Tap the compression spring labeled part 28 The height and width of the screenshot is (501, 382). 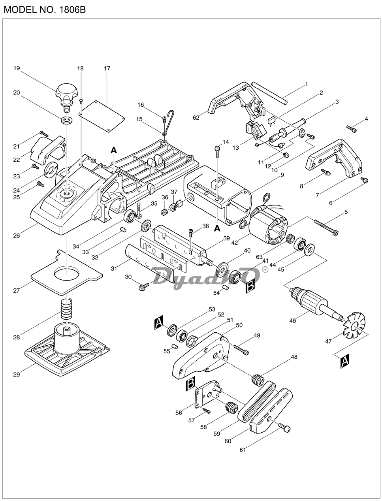[67, 309]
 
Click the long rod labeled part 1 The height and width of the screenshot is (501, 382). [269, 93]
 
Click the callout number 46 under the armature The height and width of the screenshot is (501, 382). [292, 321]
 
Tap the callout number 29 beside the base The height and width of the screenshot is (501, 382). [16, 374]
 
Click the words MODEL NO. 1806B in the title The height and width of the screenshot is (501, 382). [44, 9]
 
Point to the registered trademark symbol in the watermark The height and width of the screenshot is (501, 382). [265, 269]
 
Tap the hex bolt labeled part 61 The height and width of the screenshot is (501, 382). [285, 428]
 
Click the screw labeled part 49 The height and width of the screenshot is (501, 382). [241, 349]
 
